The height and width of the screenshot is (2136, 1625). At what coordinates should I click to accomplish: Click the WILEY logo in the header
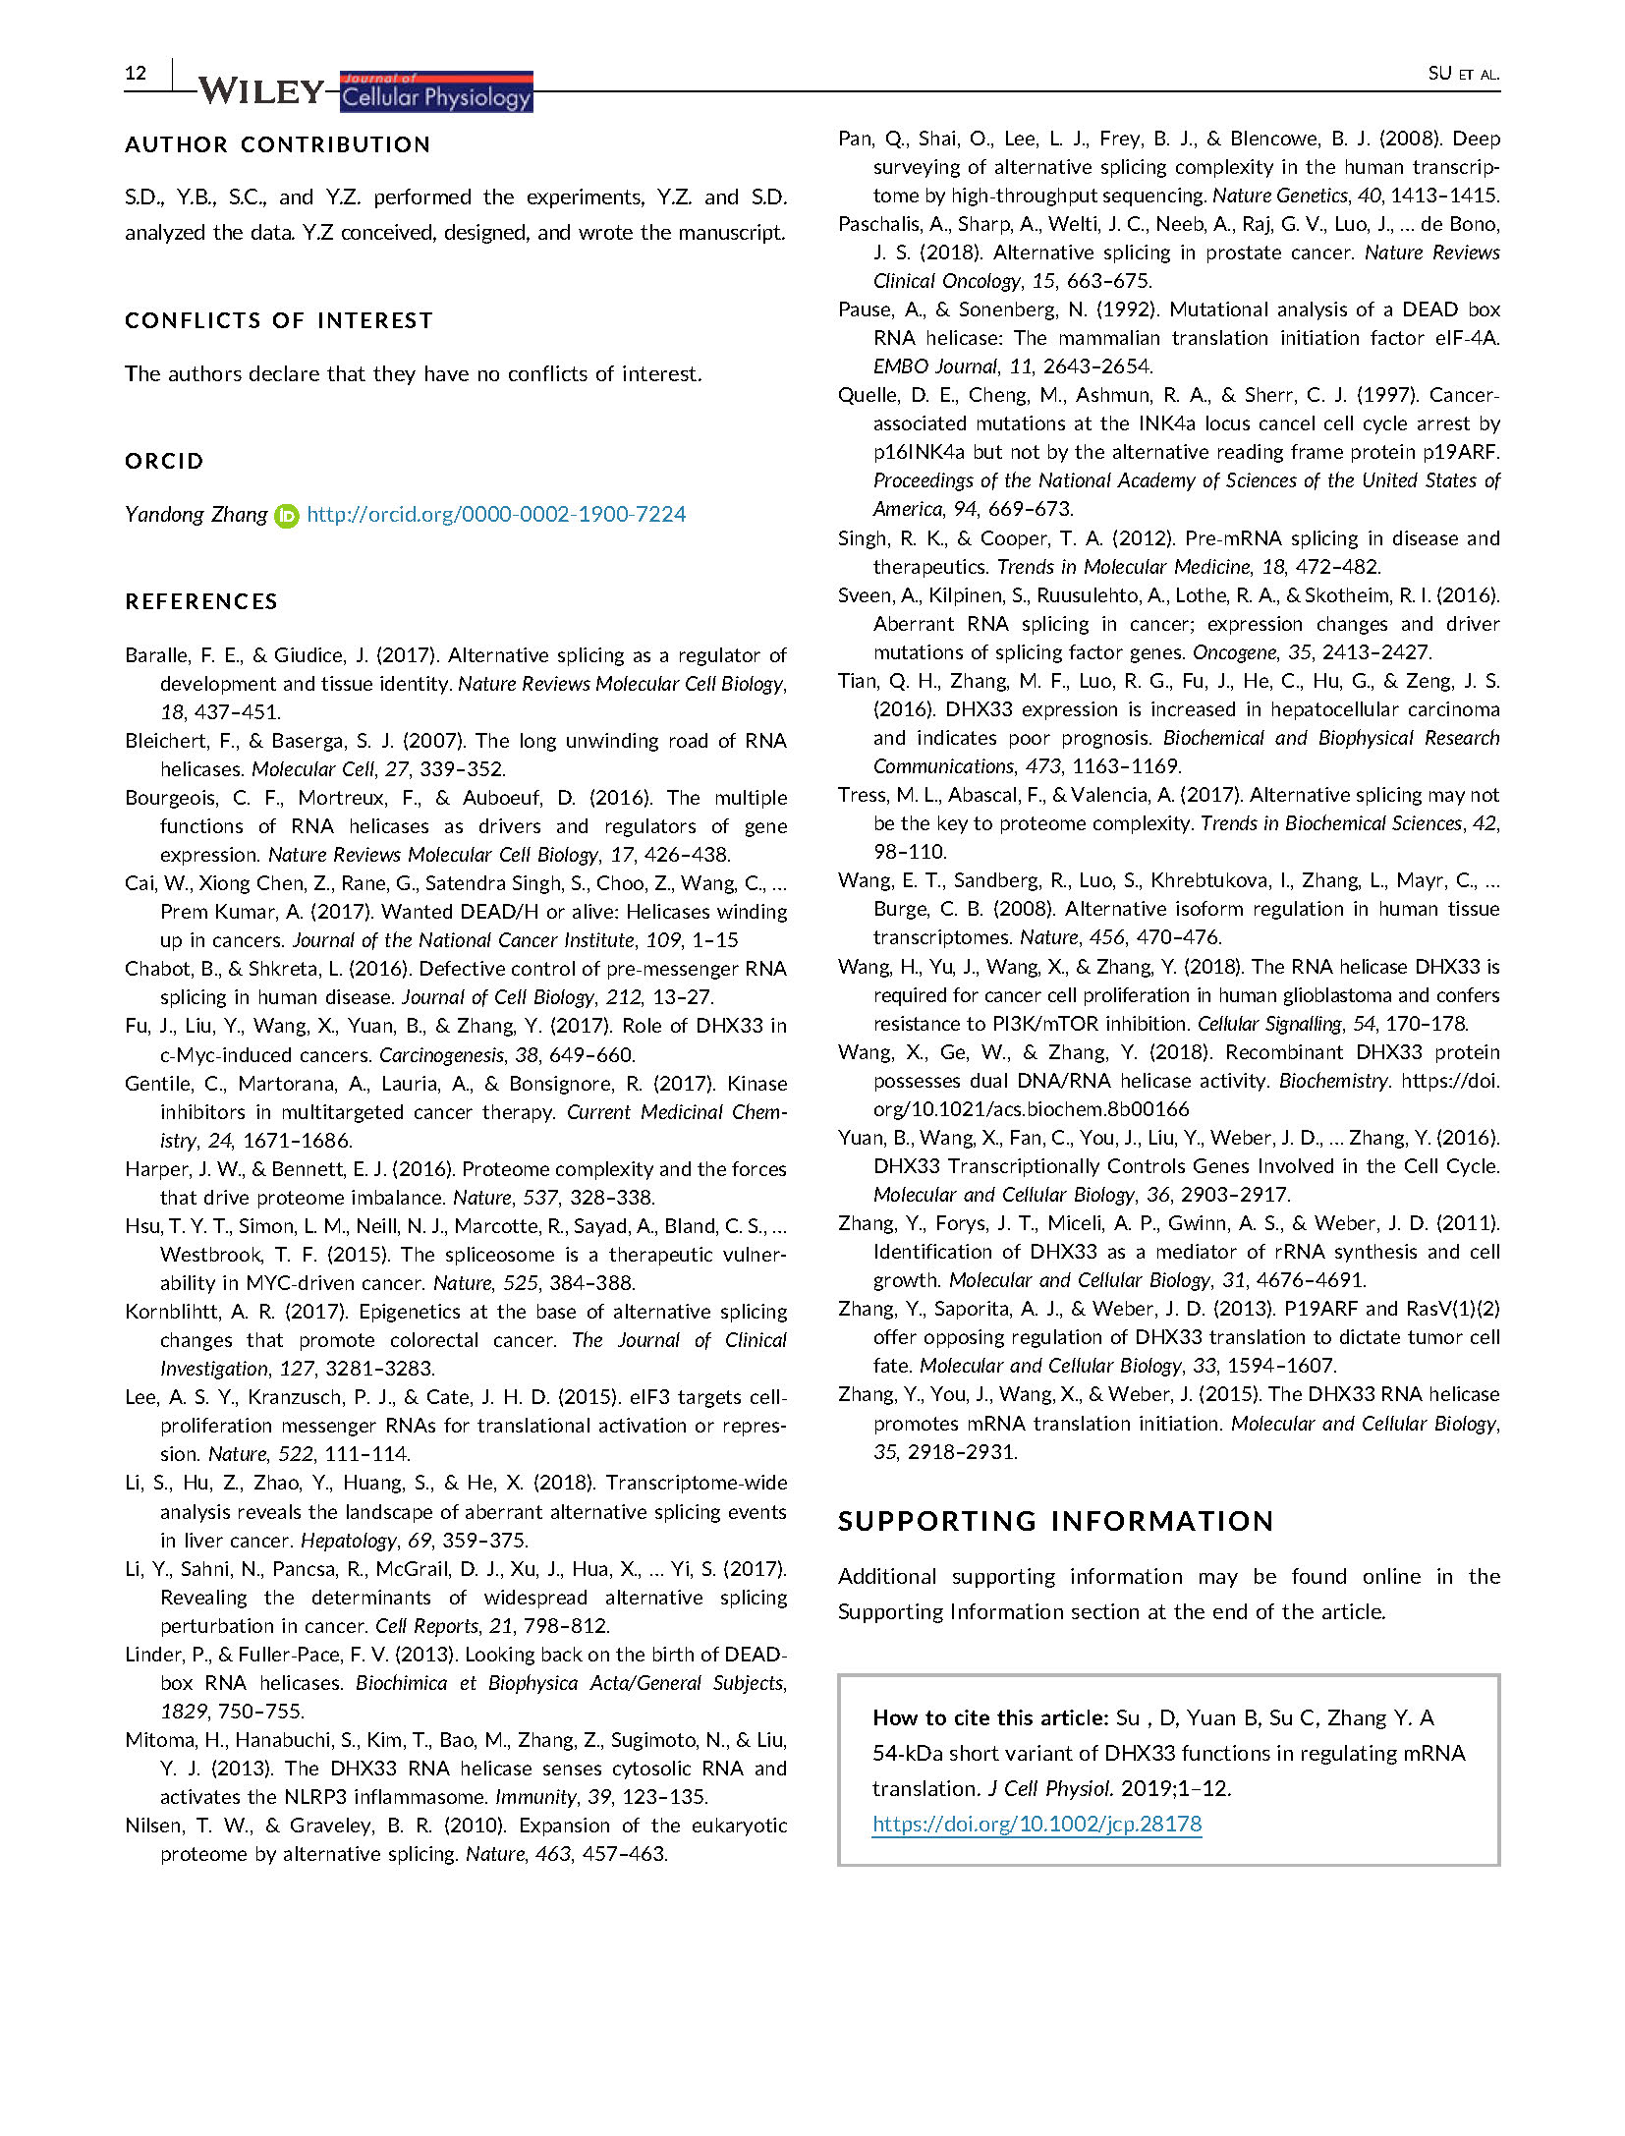pos(260,91)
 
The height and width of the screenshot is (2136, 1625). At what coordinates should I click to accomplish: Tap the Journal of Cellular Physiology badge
pos(436,91)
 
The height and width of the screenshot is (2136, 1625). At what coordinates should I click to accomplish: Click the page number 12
pos(136,73)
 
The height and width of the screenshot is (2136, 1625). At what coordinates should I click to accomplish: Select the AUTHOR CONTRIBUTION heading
pos(277,144)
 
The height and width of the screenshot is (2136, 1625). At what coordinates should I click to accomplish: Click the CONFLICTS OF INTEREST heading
pos(278,320)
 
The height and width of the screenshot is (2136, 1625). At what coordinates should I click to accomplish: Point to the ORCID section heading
pos(164,461)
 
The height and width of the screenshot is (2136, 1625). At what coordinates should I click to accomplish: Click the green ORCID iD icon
pos(286,515)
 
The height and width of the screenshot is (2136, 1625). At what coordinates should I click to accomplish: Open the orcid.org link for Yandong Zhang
pos(496,514)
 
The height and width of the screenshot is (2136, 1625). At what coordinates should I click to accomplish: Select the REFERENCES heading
pos(201,601)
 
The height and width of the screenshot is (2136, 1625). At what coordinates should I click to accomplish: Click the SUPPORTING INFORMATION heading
pos(1055,1521)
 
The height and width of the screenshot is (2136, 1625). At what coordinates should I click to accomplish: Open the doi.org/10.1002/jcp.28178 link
pos(1037,1824)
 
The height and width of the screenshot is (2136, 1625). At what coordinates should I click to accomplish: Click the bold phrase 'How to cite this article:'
pos(990,1717)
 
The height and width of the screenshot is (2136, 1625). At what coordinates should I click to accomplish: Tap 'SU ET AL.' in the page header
pos(1463,74)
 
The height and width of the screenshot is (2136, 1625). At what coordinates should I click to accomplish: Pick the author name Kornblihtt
pos(173,1312)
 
